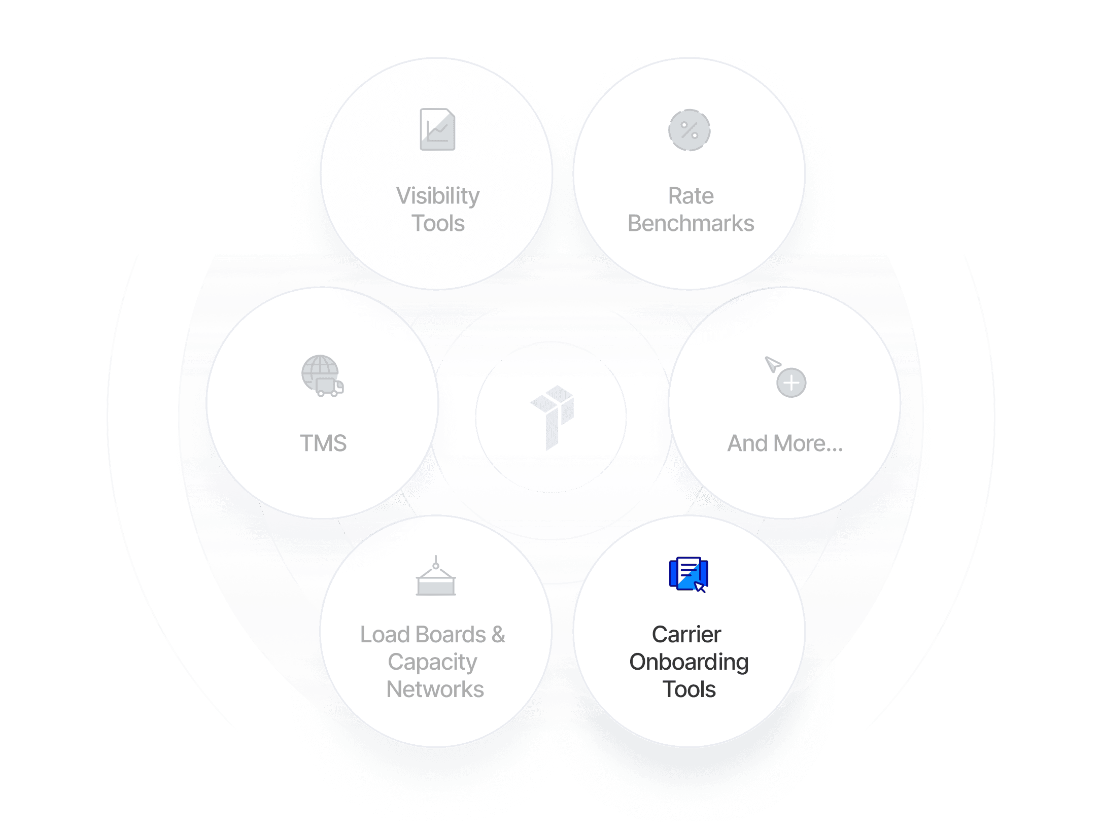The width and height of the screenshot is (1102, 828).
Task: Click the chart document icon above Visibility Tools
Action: tap(437, 129)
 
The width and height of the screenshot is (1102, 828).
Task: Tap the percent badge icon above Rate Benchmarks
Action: tap(689, 130)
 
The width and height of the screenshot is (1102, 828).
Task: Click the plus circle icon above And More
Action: tap(791, 383)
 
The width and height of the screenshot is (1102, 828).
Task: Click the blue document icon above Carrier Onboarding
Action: tap(688, 574)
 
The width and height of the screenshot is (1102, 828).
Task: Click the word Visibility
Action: tap(437, 196)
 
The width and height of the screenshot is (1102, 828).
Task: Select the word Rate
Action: tap(691, 196)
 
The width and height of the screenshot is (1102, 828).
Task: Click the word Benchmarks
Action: tap(691, 223)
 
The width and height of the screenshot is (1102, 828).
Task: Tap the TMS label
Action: tap(323, 443)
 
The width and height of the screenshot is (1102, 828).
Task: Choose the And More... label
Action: tap(785, 443)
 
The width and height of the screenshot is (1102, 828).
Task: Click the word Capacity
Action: tap(432, 662)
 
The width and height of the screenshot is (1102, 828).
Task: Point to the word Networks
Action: tap(435, 689)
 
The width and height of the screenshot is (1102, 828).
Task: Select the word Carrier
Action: tap(686, 634)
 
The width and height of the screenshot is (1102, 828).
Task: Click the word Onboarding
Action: tap(688, 662)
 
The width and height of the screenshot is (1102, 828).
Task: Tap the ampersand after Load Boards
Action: tap(498, 634)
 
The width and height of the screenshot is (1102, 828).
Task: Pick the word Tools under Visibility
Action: tap(438, 223)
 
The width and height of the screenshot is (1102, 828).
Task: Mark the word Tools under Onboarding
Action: tap(689, 689)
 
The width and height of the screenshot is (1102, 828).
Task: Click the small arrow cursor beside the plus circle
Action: tap(772, 364)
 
